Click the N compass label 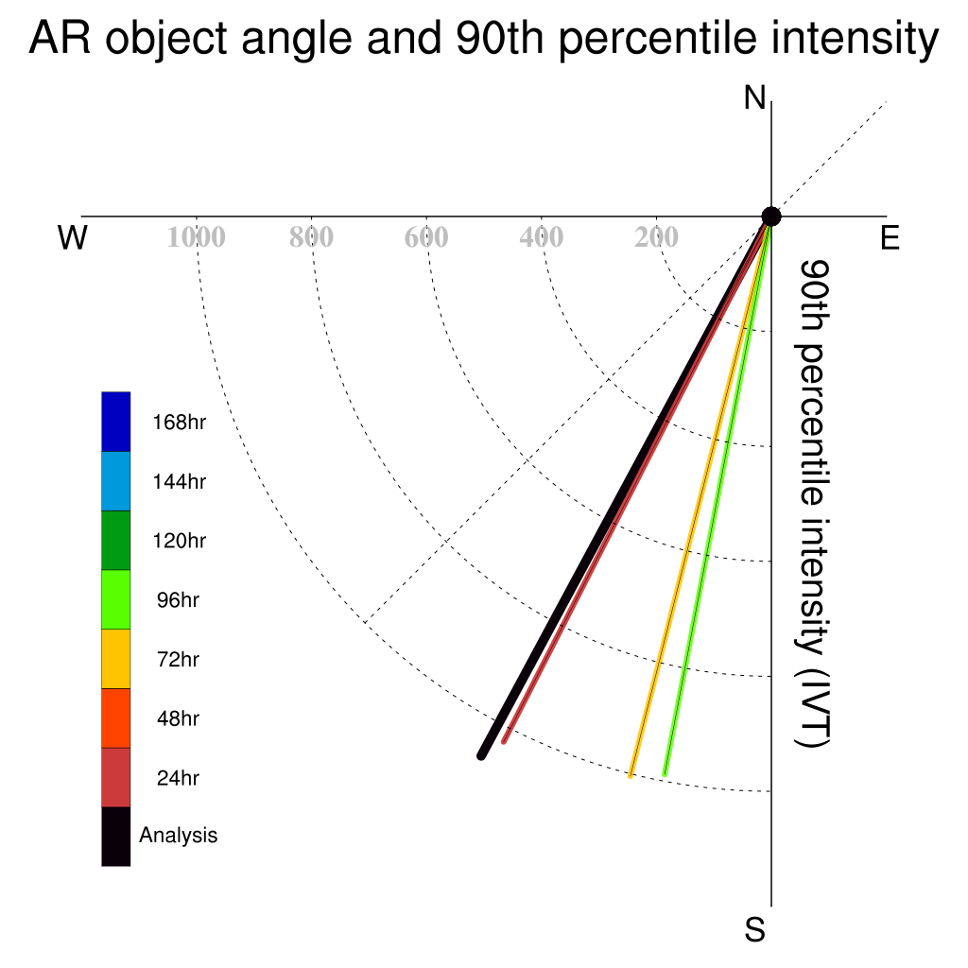point(754,98)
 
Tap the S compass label point(754,929)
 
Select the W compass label point(72,237)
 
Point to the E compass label point(890,237)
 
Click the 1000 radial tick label point(197,237)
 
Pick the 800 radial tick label point(311,237)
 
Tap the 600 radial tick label point(426,237)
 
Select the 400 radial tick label point(541,237)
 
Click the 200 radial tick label point(656,237)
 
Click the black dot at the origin point(771,216)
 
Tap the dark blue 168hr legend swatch point(116,422)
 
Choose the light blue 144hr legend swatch point(116,481)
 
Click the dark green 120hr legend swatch point(116,540)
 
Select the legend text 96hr point(178,600)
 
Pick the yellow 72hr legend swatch point(116,659)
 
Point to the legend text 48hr point(178,718)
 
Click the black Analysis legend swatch point(116,837)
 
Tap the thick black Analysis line point(626,487)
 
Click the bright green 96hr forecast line point(717,495)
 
